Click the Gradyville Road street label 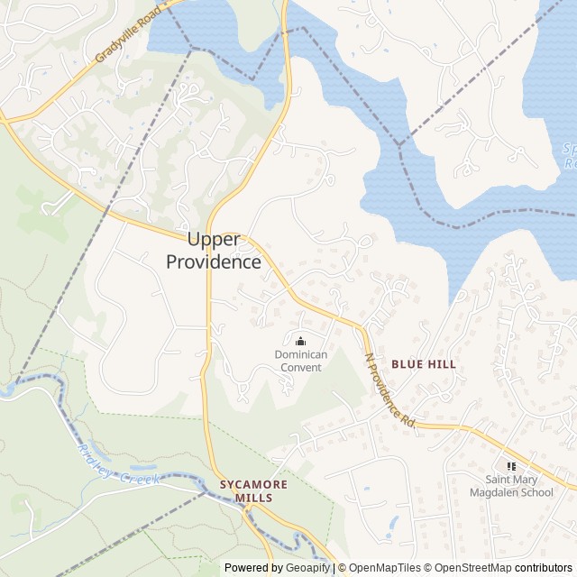click(128, 36)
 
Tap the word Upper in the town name click(214, 240)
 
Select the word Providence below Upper click(214, 262)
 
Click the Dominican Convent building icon click(300, 340)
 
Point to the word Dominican click(301, 354)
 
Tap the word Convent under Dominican click(301, 367)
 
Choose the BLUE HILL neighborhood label click(424, 364)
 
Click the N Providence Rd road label click(389, 389)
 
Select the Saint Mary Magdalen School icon click(511, 466)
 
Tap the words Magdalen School click(511, 492)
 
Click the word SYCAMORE click(253, 484)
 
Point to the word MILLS click(253, 498)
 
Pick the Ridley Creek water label click(118, 464)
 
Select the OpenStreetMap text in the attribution click(469, 568)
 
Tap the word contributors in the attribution click(544, 568)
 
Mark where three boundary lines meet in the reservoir click(398, 144)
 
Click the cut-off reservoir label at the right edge click(569, 156)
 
